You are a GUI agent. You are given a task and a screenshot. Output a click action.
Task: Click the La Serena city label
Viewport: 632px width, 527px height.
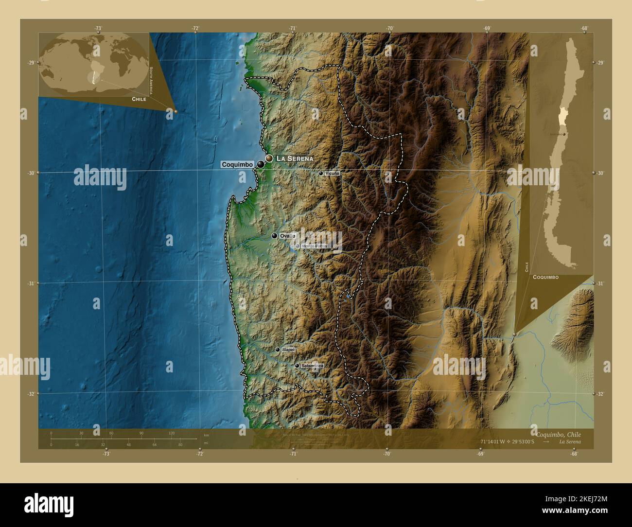click(x=295, y=158)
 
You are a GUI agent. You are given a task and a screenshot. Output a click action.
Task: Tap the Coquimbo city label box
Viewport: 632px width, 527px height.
click(x=237, y=165)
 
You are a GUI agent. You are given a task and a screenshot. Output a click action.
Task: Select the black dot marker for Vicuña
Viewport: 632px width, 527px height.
click(x=321, y=173)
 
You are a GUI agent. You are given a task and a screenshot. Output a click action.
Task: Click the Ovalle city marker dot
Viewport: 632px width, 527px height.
click(x=274, y=236)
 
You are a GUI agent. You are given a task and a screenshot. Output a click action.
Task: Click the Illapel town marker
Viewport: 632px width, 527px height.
click(x=278, y=350)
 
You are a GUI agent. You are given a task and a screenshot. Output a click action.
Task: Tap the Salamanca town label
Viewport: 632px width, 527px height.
click(x=312, y=366)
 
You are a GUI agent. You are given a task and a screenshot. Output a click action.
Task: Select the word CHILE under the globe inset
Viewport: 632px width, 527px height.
click(x=139, y=99)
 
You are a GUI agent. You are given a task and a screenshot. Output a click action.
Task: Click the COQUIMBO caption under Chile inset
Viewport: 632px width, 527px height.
click(x=545, y=277)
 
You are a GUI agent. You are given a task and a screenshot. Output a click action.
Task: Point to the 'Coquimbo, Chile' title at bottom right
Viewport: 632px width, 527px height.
click(x=558, y=434)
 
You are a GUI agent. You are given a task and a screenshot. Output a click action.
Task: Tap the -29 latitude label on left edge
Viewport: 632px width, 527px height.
click(x=31, y=63)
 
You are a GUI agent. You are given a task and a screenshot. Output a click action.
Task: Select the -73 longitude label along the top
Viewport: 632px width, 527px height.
click(x=98, y=28)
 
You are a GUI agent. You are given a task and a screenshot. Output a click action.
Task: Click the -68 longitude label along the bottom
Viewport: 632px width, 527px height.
click(x=574, y=454)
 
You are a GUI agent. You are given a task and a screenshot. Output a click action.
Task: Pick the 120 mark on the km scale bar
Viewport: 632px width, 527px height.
click(x=172, y=433)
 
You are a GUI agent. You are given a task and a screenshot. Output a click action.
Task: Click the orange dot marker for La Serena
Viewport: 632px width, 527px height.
click(x=269, y=158)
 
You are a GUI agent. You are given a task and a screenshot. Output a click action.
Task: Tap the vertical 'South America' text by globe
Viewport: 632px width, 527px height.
click(x=151, y=80)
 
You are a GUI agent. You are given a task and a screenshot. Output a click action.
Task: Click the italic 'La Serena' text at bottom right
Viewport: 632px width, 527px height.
click(x=569, y=442)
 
